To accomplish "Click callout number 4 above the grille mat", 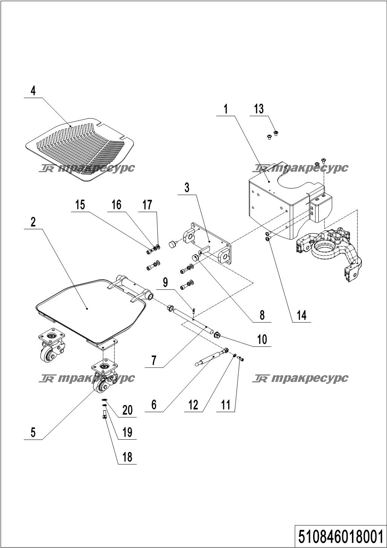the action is [x=33, y=91].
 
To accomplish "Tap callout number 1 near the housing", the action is [x=226, y=109].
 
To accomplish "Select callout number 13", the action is [x=259, y=109].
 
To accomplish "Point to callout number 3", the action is [x=187, y=188].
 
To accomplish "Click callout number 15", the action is [x=80, y=205].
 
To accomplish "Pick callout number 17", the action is [x=147, y=205].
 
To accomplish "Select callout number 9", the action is [x=166, y=283].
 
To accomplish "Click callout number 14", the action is [x=302, y=316].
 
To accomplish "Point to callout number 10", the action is [x=262, y=339].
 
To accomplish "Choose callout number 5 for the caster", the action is [x=33, y=432].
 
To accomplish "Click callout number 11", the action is [x=226, y=405].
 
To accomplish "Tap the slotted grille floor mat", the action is [x=80, y=149].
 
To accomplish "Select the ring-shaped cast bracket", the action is [x=329, y=255].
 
